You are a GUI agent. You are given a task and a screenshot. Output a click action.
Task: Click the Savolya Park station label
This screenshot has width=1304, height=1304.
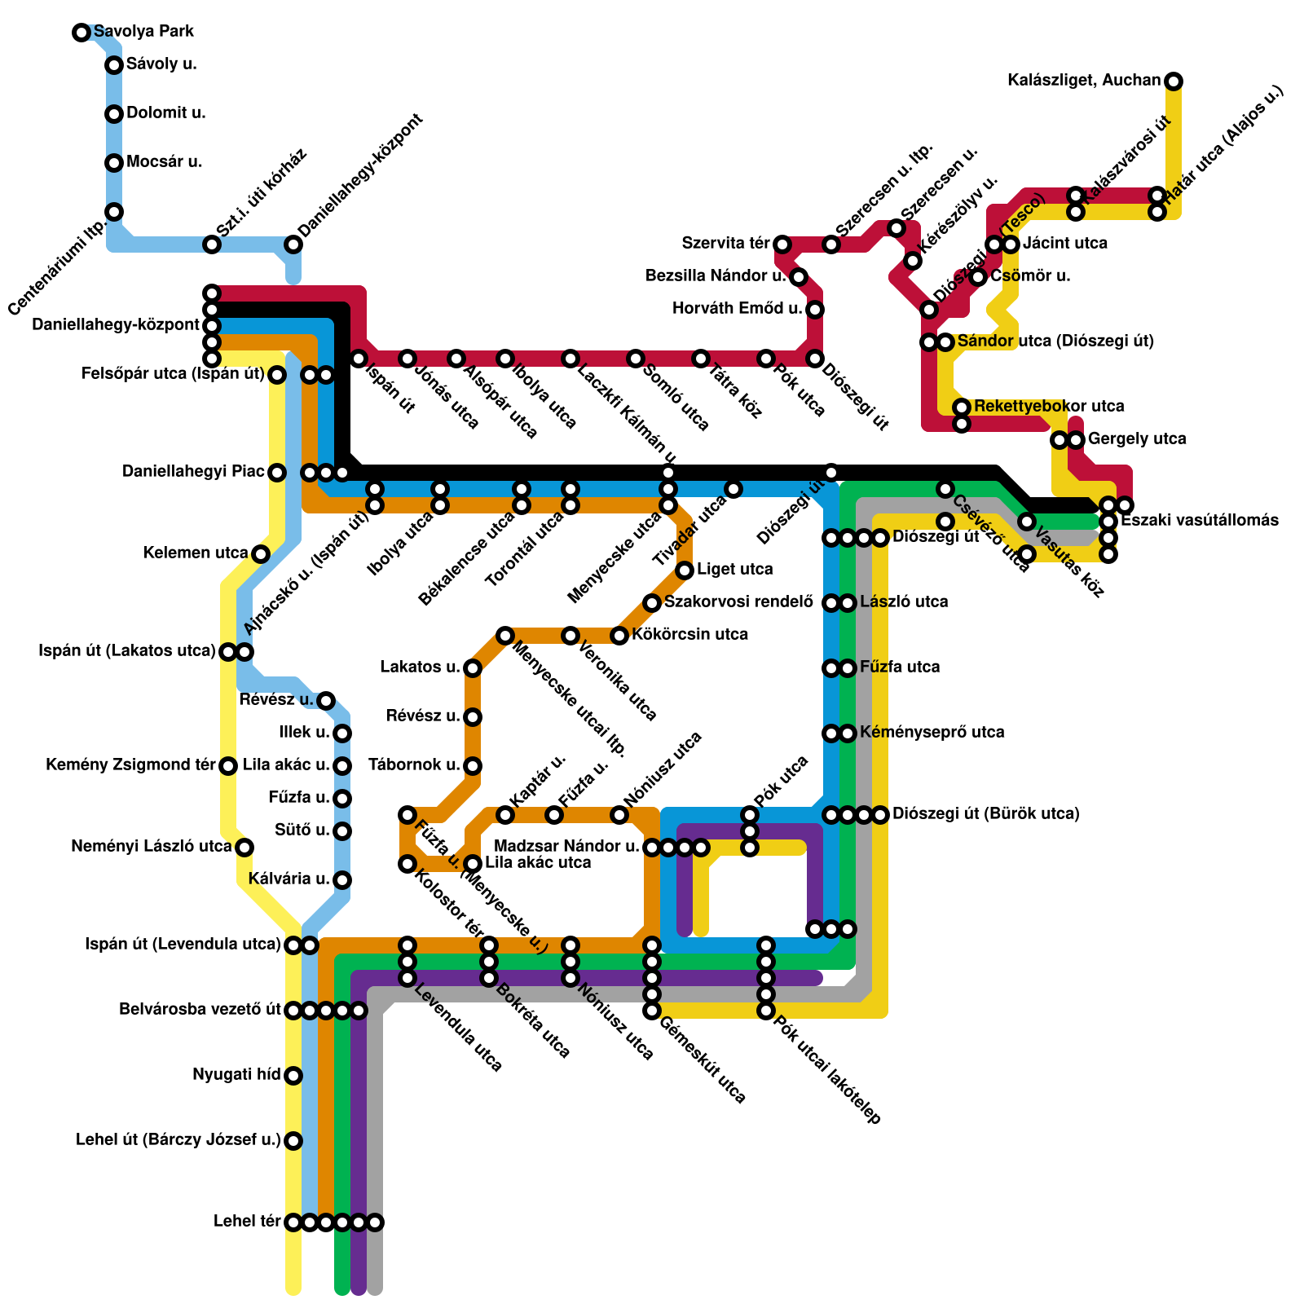143,32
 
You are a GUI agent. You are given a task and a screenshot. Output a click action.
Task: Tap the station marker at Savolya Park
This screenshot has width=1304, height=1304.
81,33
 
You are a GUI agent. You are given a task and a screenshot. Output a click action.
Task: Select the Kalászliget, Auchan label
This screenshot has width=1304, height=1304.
1083,81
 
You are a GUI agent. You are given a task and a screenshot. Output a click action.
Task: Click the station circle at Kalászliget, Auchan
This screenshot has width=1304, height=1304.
1174,81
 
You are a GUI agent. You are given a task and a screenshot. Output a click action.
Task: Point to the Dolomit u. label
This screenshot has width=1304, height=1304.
165,113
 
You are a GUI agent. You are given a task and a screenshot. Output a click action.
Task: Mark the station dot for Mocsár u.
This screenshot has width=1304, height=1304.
114,163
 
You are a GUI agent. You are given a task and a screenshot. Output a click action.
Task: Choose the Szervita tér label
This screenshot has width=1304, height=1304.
725,244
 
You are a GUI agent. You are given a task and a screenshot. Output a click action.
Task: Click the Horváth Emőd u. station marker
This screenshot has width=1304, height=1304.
815,310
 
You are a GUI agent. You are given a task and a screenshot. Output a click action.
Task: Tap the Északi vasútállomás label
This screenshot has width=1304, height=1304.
1199,521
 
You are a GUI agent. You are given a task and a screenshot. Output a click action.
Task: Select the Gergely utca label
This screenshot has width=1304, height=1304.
1137,439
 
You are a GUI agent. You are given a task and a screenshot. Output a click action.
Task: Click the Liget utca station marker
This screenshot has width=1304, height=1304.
685,570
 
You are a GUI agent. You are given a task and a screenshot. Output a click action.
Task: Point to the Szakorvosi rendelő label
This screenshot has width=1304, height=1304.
738,602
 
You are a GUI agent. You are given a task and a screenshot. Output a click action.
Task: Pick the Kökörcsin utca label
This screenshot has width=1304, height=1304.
689,635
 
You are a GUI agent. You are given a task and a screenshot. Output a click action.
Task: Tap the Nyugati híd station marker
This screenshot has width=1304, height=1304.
293,1076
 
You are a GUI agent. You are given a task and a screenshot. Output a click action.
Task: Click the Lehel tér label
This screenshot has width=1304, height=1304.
247,1222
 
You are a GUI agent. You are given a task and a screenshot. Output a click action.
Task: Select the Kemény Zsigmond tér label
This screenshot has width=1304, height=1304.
130,765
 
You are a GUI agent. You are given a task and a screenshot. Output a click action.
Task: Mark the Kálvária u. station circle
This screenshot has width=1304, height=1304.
342,880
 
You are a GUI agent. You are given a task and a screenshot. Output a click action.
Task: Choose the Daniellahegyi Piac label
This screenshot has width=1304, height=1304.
193,472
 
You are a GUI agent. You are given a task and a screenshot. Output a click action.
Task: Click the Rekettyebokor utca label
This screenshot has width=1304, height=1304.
1048,407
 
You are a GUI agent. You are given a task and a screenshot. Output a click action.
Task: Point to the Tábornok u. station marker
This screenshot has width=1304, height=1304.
473,766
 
